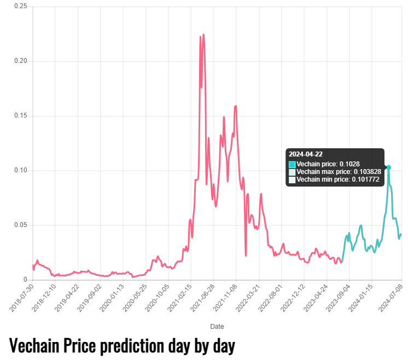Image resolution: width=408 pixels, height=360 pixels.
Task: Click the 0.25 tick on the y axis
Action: (x=21, y=6)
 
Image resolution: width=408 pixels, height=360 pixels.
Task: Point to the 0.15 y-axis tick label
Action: (x=21, y=115)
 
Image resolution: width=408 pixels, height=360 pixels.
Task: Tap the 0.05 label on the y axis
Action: (x=21, y=225)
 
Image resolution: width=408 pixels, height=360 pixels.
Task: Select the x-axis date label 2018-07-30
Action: (x=21, y=298)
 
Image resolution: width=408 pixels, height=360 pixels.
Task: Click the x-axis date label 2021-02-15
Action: (x=179, y=298)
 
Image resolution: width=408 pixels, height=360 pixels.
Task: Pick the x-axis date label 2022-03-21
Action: (x=248, y=298)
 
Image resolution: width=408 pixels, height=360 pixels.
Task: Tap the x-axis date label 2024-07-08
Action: (x=390, y=298)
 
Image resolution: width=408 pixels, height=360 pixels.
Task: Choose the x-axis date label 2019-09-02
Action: (x=90, y=298)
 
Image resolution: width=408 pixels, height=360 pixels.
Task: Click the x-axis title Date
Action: (x=217, y=327)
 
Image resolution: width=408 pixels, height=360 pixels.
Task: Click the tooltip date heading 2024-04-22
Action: (x=306, y=154)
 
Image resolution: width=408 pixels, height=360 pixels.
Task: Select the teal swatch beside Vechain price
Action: (x=292, y=165)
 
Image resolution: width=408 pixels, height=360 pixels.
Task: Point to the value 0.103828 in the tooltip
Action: (x=368, y=172)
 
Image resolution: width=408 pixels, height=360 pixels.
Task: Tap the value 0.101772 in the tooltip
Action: (x=365, y=179)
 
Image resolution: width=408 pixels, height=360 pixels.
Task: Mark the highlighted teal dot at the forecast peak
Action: (x=388, y=167)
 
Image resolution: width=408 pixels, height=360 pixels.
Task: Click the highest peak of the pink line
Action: (x=203, y=34)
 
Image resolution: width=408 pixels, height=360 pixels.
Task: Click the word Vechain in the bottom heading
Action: (x=34, y=346)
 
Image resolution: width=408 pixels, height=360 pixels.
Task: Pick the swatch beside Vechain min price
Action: (x=292, y=179)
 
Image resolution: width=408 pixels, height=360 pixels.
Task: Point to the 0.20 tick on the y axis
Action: (x=21, y=61)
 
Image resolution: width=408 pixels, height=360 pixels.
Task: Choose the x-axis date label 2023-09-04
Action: (x=338, y=298)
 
